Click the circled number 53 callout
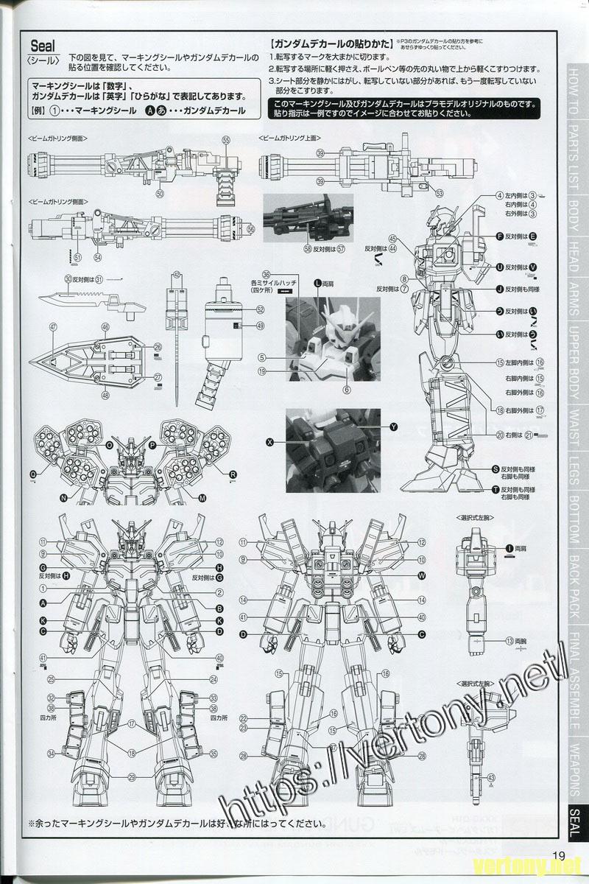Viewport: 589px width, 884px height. (440, 194)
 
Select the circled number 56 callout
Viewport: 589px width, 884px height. (250, 229)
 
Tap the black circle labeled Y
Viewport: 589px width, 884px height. (393, 427)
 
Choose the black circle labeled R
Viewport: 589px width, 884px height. (233, 473)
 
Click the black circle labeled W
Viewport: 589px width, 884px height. (422, 575)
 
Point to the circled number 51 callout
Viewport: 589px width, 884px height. (77, 256)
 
